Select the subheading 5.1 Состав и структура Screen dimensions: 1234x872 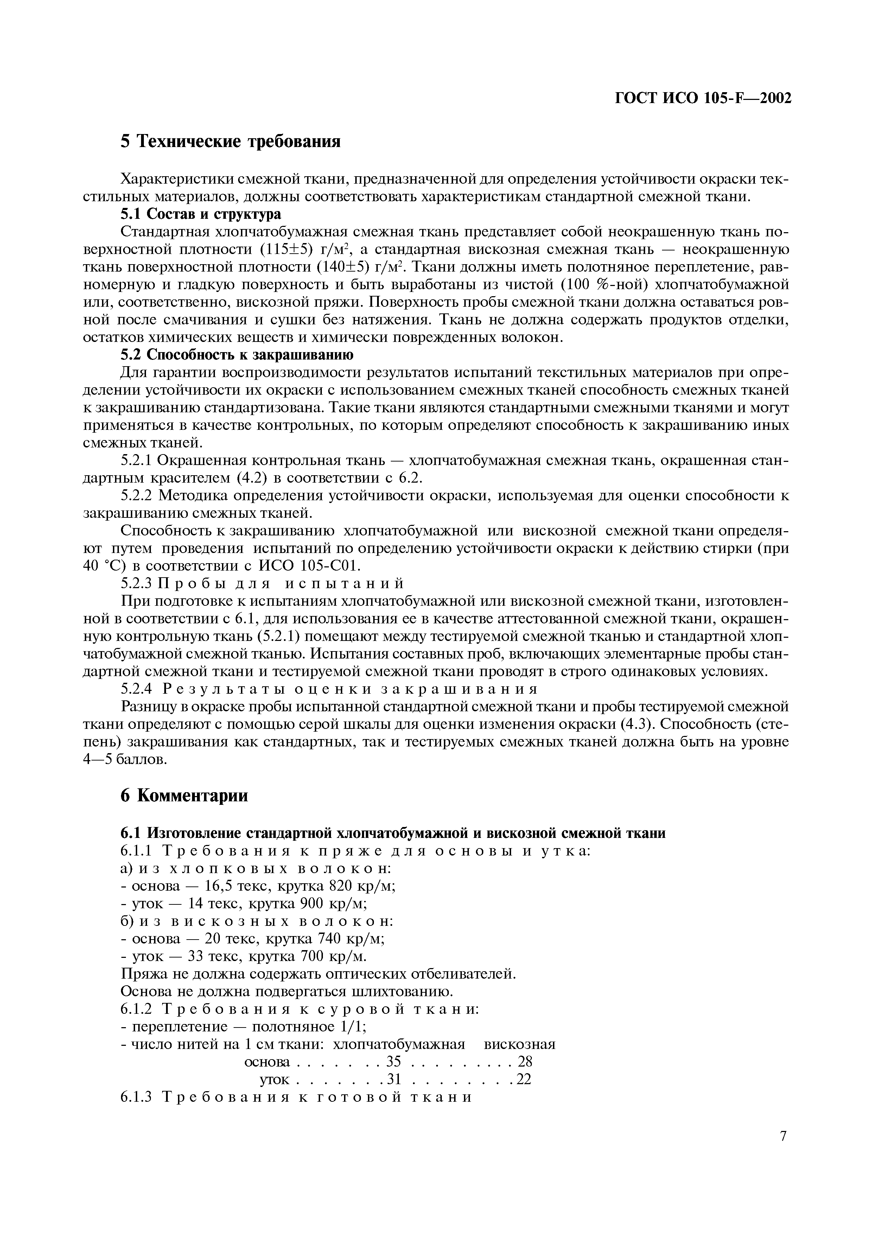(x=201, y=214)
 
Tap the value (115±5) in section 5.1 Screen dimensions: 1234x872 (x=286, y=250)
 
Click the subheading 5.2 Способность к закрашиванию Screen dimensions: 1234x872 (x=236, y=355)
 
